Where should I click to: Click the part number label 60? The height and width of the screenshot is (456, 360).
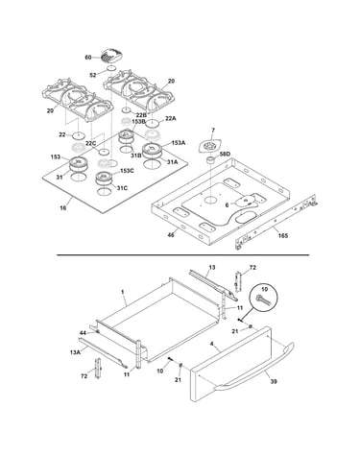click(x=88, y=58)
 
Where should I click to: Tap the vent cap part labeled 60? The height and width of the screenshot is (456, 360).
click(x=111, y=57)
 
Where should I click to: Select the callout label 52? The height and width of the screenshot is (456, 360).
click(x=93, y=75)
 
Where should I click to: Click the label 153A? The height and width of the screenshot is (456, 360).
click(x=179, y=143)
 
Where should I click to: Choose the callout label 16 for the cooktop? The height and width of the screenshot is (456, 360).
click(x=63, y=208)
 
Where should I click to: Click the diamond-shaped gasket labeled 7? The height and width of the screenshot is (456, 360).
click(x=209, y=147)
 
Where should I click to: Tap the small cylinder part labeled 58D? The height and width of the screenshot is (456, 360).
click(x=211, y=159)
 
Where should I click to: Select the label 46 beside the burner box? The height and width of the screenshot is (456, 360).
click(x=171, y=235)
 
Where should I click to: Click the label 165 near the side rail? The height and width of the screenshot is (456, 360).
click(x=283, y=236)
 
